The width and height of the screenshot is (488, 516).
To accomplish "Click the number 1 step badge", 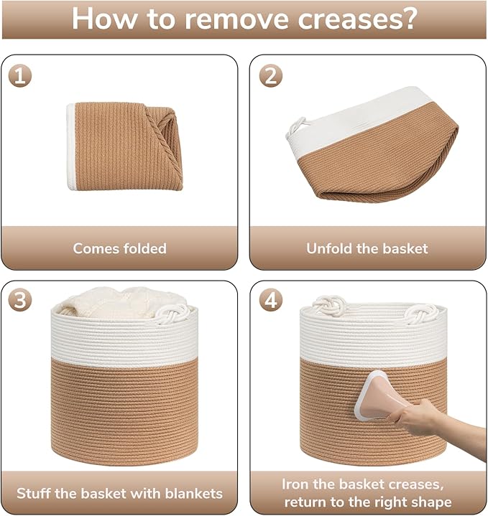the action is coord(20,76).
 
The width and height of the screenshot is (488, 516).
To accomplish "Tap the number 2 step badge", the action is coord(271,76).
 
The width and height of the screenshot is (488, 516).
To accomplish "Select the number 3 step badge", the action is coord(20,301).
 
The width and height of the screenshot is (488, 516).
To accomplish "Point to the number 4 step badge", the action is coord(271,301).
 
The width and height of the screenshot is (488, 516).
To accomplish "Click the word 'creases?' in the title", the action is coord(357,19).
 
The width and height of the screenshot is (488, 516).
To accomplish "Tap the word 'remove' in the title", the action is coord(237,19).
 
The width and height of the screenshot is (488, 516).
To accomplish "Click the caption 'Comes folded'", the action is coord(119,248).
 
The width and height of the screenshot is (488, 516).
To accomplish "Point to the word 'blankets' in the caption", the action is coord(194,493).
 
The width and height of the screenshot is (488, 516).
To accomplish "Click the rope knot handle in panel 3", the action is coord(172,314).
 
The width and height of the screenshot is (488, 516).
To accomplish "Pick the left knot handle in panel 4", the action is coord(330,305).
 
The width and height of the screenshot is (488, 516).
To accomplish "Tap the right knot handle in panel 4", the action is coord(420,314).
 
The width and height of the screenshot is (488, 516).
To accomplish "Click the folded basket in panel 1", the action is coord(125,146).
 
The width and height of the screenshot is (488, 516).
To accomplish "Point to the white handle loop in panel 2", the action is coord(296,128).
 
